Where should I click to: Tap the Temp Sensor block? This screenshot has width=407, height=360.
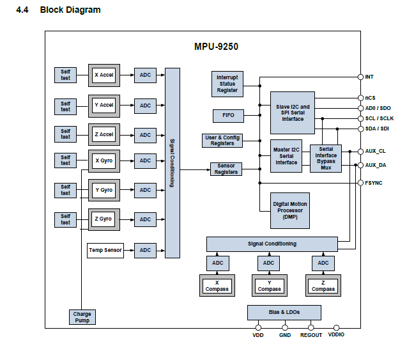click(x=104, y=249)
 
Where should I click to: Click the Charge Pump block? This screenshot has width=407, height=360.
click(x=82, y=317)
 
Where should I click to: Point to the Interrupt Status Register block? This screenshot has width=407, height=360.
click(x=227, y=84)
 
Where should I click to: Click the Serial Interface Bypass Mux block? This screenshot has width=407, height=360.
click(x=326, y=157)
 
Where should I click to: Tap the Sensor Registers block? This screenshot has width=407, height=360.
click(x=226, y=169)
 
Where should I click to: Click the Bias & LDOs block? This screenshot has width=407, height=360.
click(x=284, y=312)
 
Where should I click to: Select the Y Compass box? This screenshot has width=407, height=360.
click(x=269, y=285)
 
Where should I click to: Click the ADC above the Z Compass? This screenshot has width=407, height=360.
click(x=323, y=263)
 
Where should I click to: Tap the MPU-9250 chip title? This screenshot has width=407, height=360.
click(x=217, y=47)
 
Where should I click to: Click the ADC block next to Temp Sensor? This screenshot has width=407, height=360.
click(x=145, y=250)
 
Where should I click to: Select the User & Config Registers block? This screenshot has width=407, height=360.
click(x=222, y=141)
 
